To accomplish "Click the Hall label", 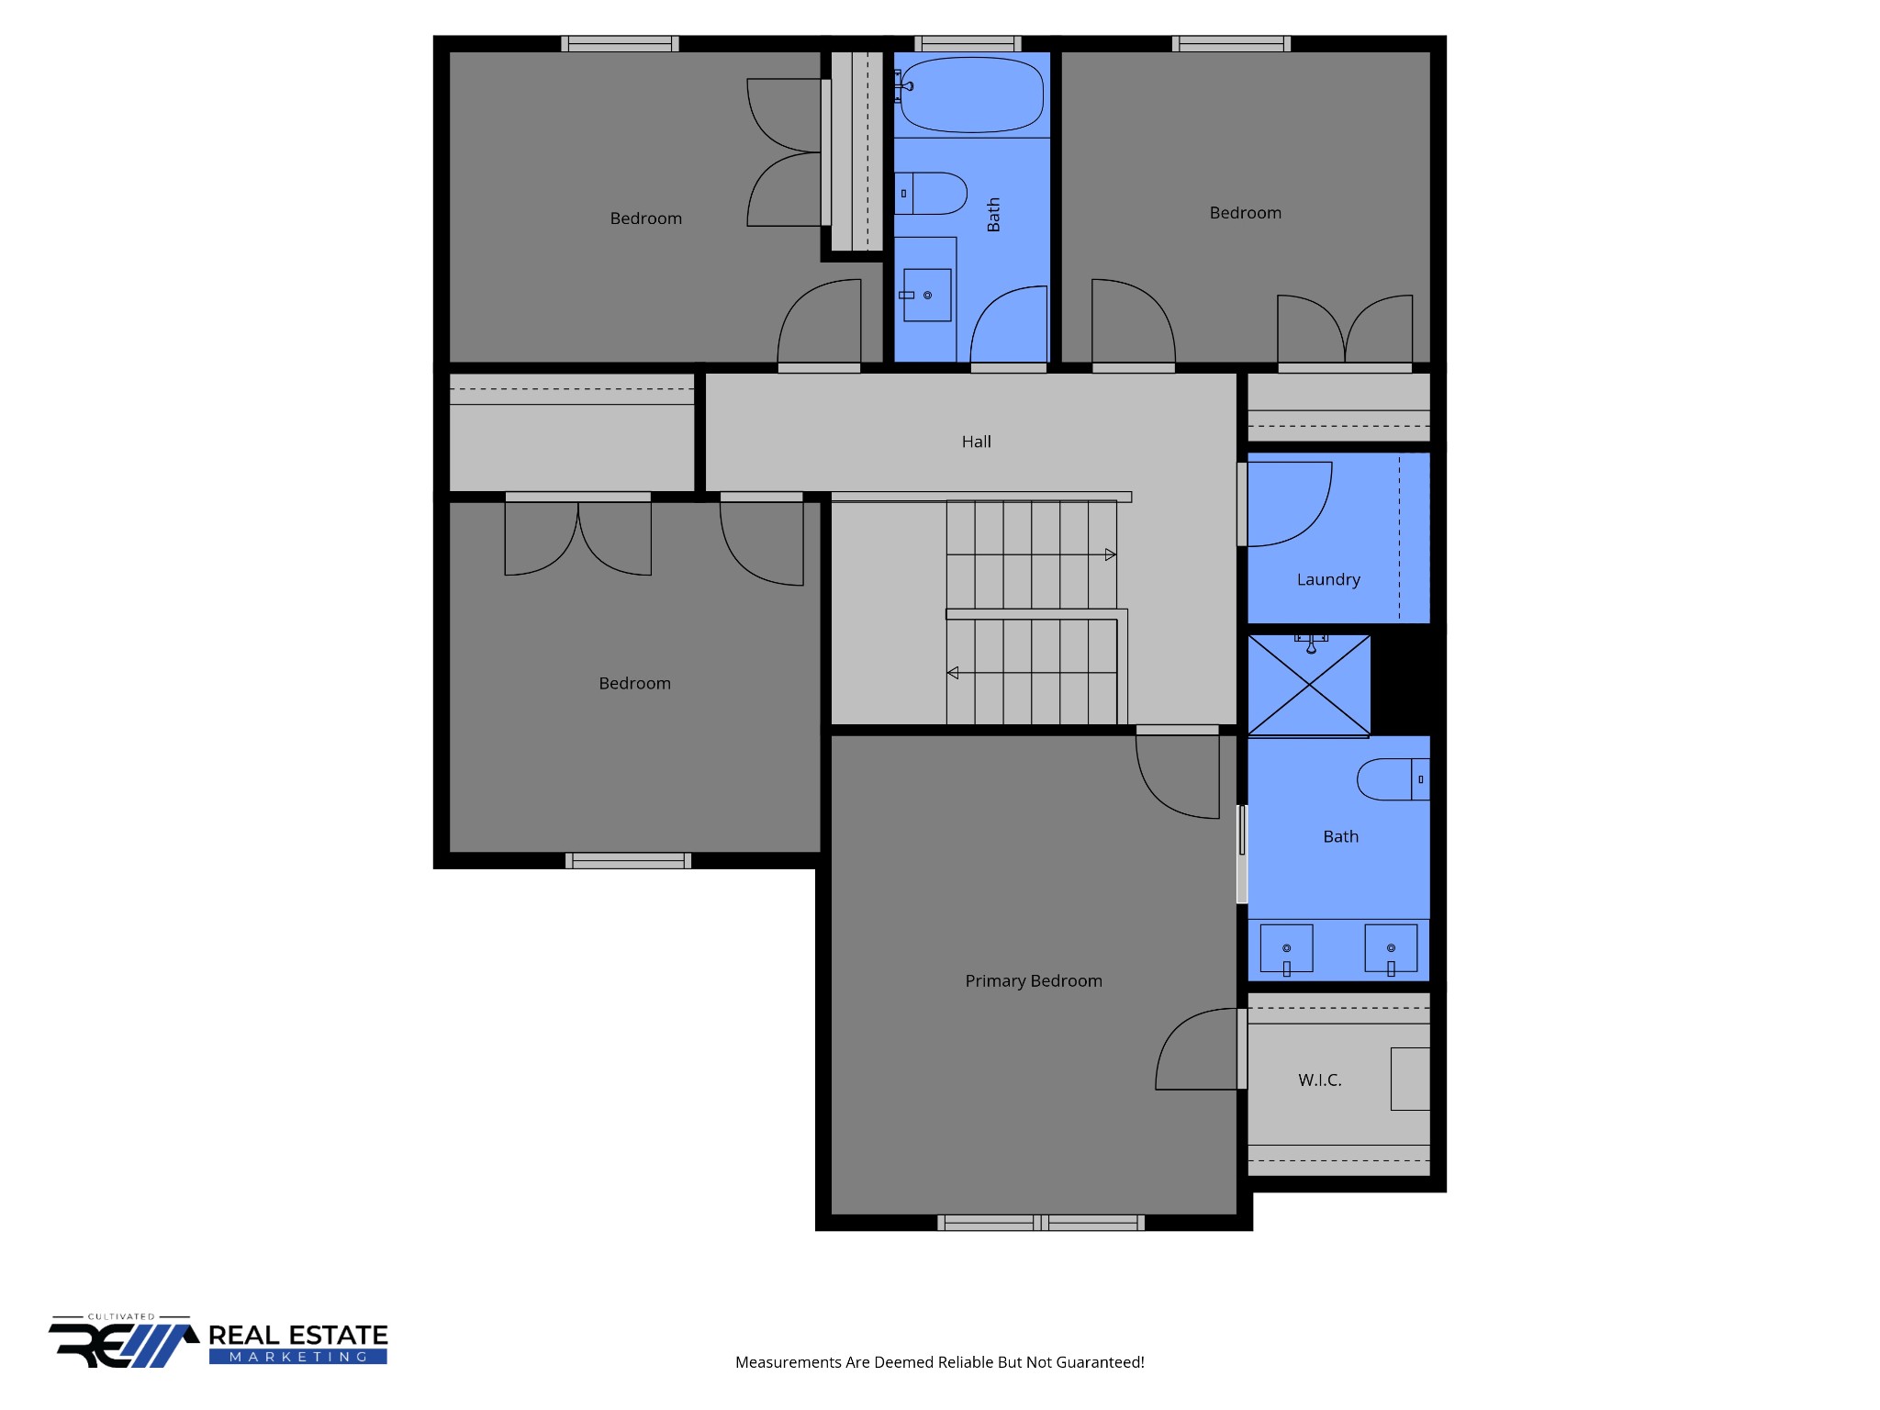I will tap(976, 442).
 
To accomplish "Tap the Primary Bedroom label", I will tap(1033, 980).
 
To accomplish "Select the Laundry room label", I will tap(1327, 579).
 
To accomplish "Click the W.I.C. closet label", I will tap(1319, 1080).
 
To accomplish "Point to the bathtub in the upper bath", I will tap(972, 95).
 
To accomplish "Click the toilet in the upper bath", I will tap(933, 194).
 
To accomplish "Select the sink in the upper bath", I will tap(927, 295).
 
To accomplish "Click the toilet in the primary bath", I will tap(1393, 779).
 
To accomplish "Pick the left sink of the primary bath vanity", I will tap(1286, 948).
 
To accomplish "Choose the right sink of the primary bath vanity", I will tap(1391, 948).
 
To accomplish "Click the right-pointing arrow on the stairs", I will tap(1110, 554).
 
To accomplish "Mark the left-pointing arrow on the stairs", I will tap(953, 673).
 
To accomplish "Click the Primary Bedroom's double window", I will tap(1040, 1222).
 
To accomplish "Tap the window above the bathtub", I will tap(968, 43).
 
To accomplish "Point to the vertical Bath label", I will tap(993, 215).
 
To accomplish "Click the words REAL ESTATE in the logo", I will tap(298, 1335).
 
